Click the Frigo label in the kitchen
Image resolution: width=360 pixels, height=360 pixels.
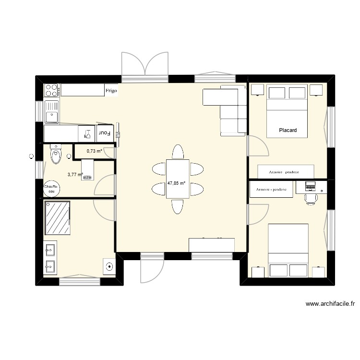(x=111, y=90)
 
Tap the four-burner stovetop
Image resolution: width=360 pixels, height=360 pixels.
(x=51, y=90)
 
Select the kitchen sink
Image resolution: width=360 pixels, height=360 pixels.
(x=51, y=111)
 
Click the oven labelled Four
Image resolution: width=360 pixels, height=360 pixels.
(x=105, y=133)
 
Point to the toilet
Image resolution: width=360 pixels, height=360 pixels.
(x=56, y=155)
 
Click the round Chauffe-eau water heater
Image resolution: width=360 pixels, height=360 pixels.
(x=51, y=188)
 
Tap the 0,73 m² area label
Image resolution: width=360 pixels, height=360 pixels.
(x=94, y=151)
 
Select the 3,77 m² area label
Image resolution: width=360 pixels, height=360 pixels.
(x=75, y=175)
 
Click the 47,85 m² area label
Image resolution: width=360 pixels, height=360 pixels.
(x=177, y=183)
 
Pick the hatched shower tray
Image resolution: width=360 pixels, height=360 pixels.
(x=58, y=218)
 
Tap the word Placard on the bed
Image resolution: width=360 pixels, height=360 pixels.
(x=288, y=130)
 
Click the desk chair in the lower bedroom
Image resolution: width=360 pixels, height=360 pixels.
(x=311, y=197)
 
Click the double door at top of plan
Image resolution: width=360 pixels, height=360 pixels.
(x=144, y=65)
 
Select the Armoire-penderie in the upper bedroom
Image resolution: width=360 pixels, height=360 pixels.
(x=286, y=171)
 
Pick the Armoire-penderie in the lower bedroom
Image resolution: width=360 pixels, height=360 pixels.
(x=271, y=190)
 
